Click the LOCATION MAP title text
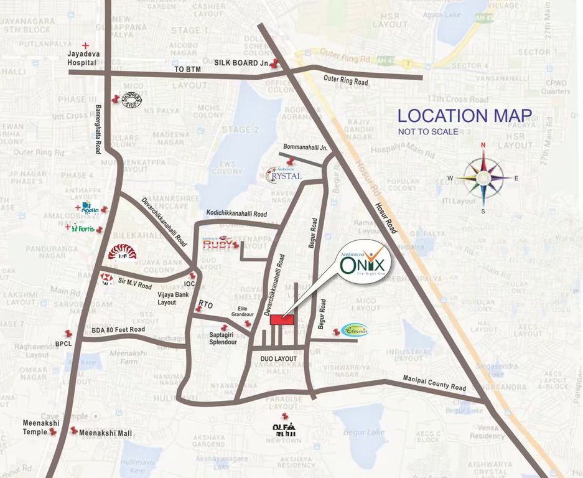point(465,116)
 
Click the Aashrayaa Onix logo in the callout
point(364,265)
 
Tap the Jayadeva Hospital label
point(82,59)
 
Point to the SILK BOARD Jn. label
point(241,63)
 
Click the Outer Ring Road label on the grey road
point(345,82)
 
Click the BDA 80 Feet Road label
point(118,329)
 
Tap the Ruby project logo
point(220,243)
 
